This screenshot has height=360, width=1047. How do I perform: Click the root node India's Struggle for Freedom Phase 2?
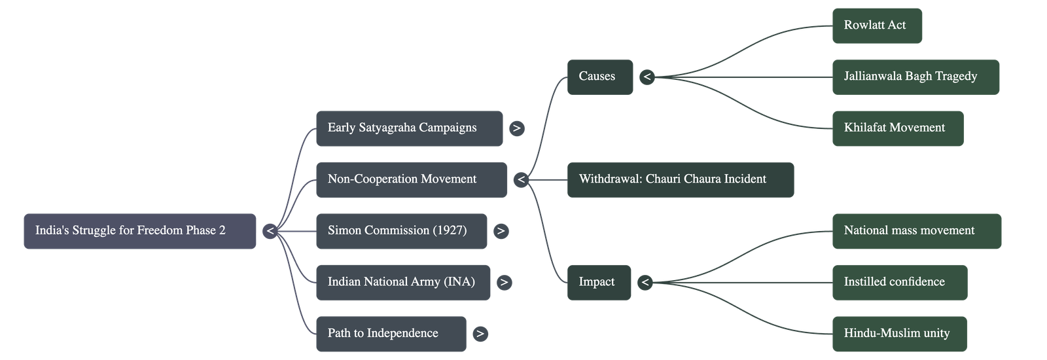[x=139, y=230]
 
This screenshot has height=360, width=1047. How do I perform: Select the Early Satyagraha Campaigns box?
[x=409, y=128]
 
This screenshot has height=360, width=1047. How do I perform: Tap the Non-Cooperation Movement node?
[x=411, y=179]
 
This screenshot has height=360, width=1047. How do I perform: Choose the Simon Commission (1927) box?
[x=401, y=230]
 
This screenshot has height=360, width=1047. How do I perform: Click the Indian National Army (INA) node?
[x=402, y=282]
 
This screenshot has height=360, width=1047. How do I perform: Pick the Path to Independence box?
[x=391, y=333]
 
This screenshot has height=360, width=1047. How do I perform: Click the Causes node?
[x=599, y=77]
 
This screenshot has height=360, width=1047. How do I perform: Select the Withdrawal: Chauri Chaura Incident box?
[x=681, y=179]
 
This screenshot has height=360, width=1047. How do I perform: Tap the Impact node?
[x=599, y=282]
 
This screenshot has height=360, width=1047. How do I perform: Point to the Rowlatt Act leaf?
[x=877, y=26]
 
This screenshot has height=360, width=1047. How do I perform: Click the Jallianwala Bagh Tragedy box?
[x=915, y=77]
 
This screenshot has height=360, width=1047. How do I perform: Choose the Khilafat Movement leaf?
[x=898, y=128]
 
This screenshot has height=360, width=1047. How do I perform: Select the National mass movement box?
[x=916, y=230]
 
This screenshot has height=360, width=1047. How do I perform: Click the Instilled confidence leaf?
[x=899, y=282]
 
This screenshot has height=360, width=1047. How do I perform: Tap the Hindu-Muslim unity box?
[x=899, y=333]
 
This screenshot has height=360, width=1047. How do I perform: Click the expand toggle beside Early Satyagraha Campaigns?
[x=516, y=128]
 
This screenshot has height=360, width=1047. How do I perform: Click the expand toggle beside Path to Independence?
[x=480, y=334]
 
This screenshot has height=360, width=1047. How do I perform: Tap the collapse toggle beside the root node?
[x=270, y=231]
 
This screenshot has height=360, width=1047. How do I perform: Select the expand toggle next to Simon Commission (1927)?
[x=501, y=231]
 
